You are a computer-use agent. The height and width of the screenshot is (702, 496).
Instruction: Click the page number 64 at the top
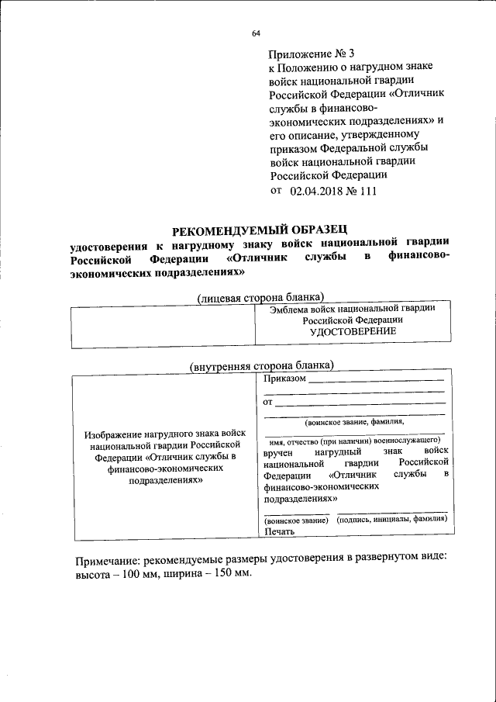[x=256, y=33]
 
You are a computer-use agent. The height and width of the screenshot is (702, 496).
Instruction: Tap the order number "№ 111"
[x=363, y=191]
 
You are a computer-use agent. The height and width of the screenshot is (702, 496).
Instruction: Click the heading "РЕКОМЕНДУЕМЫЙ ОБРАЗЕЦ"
[x=260, y=230]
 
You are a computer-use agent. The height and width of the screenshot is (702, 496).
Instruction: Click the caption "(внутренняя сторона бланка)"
[x=262, y=365]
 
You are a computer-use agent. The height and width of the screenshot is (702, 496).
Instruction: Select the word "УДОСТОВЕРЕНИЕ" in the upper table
[x=353, y=331]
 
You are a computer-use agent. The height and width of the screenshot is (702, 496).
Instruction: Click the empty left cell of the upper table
[x=164, y=327]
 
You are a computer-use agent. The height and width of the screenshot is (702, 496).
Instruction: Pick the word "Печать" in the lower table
[x=279, y=531]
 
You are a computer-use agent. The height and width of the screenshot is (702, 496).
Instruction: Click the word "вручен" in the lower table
[x=278, y=451]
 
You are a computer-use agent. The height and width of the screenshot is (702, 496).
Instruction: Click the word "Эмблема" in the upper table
[x=288, y=308]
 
